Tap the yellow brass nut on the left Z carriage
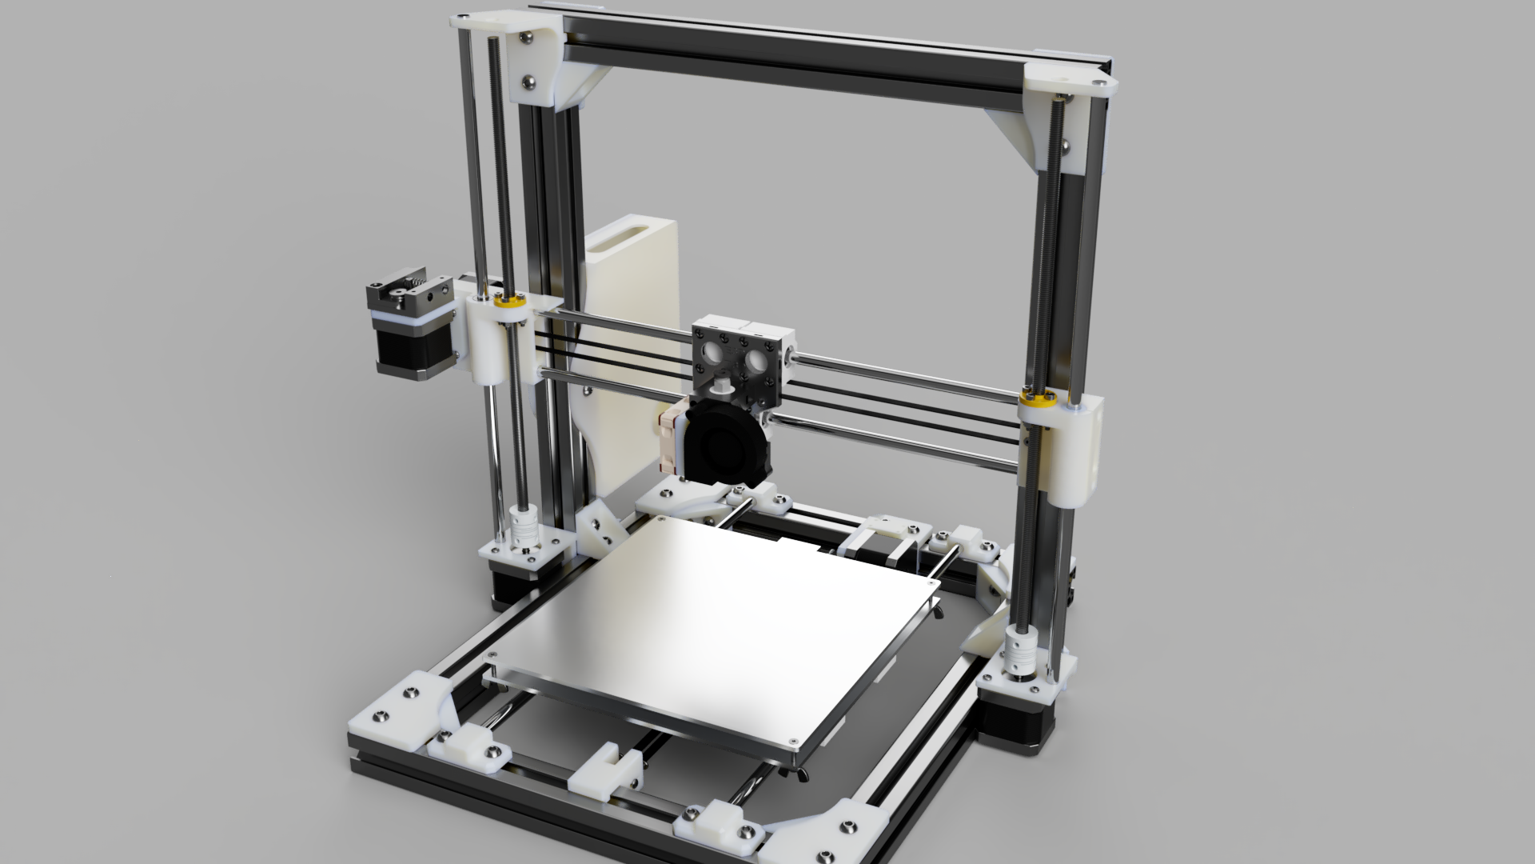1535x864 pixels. [x=506, y=302]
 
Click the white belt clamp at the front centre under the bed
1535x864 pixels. [x=608, y=768]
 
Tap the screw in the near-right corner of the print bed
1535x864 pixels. [x=791, y=739]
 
